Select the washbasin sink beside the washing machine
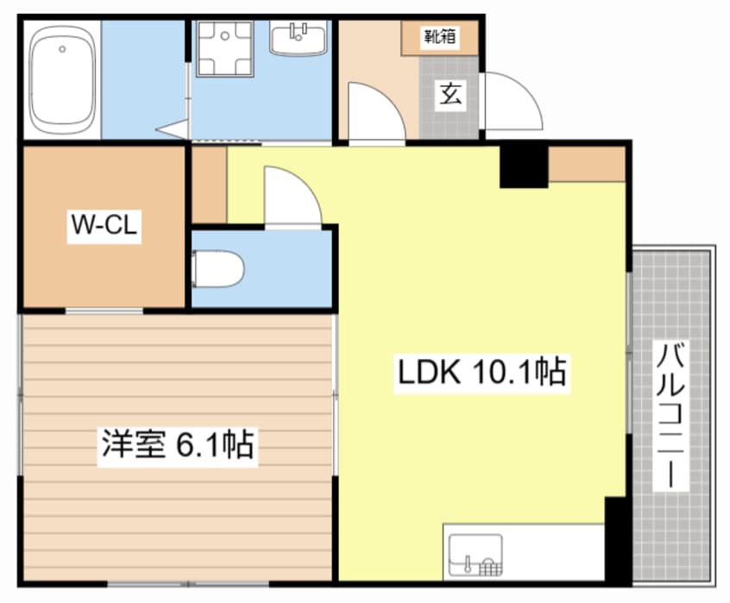(x=299, y=37)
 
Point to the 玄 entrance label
(x=450, y=92)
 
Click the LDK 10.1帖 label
(x=481, y=373)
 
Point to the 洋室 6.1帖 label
(x=176, y=445)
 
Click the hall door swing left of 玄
(x=373, y=111)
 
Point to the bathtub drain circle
(x=61, y=50)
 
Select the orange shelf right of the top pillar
(x=587, y=164)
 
